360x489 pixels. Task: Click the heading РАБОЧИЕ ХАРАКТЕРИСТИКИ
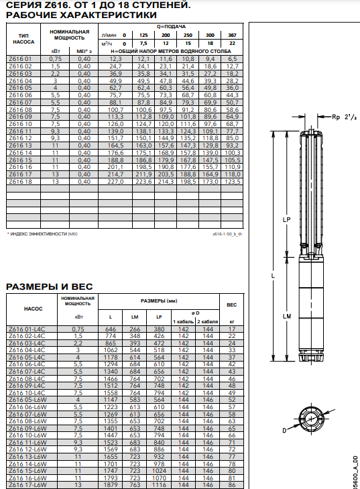[81, 15]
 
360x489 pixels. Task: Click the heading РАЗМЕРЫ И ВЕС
[49, 286]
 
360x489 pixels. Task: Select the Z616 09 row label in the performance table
[20, 117]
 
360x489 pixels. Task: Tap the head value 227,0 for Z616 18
[115, 182]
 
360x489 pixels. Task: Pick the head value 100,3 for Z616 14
[232, 153]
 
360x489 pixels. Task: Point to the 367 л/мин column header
[232, 36]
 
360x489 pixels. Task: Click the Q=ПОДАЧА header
[171, 27]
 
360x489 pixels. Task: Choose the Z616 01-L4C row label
[27, 329]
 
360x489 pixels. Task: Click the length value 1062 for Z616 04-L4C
[111, 350]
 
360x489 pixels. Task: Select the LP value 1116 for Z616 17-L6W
[159, 485]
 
